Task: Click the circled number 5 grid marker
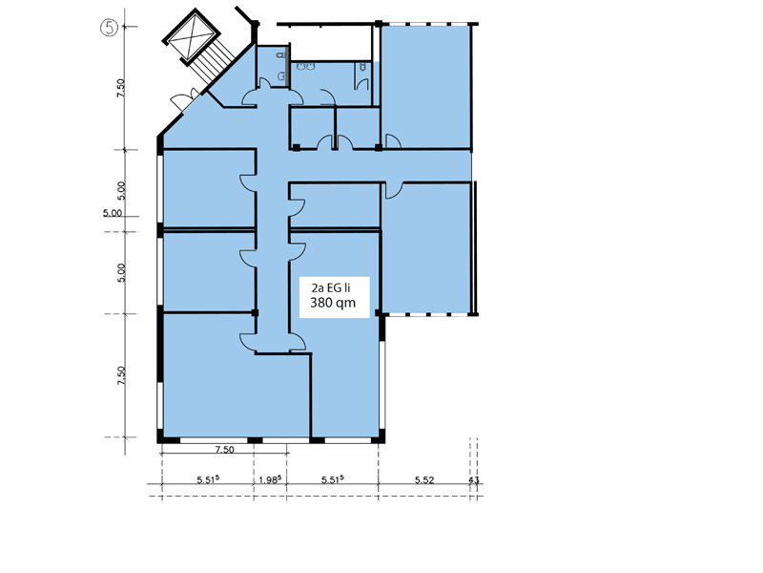pyautogui.click(x=110, y=27)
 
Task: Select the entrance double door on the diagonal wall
pyautogui.click(x=185, y=99)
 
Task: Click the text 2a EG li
pyautogui.click(x=331, y=288)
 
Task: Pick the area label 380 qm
pyautogui.click(x=333, y=303)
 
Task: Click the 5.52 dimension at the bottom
pyautogui.click(x=424, y=480)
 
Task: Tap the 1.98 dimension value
pyautogui.click(x=270, y=480)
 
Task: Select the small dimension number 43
pyautogui.click(x=473, y=480)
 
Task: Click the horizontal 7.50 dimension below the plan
pyautogui.click(x=224, y=450)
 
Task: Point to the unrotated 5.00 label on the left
pyautogui.click(x=113, y=213)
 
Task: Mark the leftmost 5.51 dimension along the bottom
pyautogui.click(x=208, y=480)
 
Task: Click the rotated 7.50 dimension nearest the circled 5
pyautogui.click(x=121, y=88)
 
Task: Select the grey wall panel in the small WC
pyautogui.click(x=288, y=66)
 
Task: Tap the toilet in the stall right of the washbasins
pyautogui.click(x=363, y=66)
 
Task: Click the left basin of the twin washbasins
pyautogui.click(x=300, y=66)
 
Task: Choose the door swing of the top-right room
pyautogui.click(x=393, y=141)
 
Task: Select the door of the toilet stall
pyautogui.click(x=362, y=84)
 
